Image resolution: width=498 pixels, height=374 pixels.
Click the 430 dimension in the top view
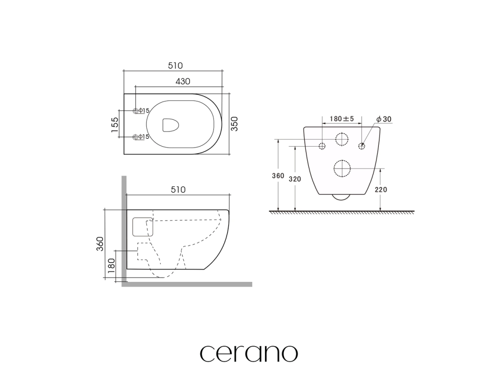pos(182,81)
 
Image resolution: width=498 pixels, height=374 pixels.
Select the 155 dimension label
pos(114,124)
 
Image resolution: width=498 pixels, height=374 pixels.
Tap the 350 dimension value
pos(234,124)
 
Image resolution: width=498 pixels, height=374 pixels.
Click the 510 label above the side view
pos(178,189)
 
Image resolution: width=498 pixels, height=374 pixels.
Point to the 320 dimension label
pos(295,179)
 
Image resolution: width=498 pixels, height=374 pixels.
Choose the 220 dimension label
pos(381,190)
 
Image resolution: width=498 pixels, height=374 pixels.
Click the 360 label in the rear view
pos(278,176)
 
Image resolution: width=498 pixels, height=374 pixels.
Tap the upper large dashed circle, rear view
pos(342,140)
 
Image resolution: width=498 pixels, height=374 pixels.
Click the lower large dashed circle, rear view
pos(342,168)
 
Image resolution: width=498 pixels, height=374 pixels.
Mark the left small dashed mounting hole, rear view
pos(322,146)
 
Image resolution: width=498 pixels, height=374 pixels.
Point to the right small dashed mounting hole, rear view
pos(362,146)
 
